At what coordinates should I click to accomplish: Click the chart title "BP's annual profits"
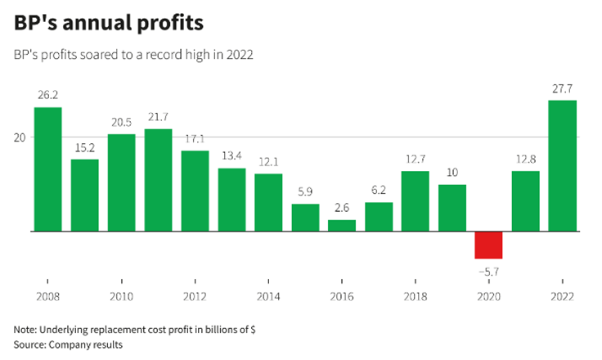click(x=108, y=24)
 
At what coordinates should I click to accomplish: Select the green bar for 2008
click(x=47, y=169)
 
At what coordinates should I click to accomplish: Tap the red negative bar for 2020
click(x=488, y=245)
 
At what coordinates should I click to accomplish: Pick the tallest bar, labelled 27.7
click(x=562, y=166)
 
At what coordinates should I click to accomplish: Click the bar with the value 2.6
click(x=342, y=226)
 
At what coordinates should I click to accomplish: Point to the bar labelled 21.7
click(x=158, y=180)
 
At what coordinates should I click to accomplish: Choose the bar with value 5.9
click(x=305, y=218)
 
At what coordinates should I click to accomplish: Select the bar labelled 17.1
click(x=195, y=191)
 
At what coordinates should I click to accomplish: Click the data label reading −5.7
click(x=488, y=269)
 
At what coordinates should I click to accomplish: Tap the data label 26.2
click(x=47, y=95)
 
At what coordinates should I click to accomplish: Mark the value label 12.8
click(x=525, y=158)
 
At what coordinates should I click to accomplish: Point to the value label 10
click(x=451, y=172)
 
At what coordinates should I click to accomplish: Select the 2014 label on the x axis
click(x=268, y=296)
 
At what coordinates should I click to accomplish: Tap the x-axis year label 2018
click(x=415, y=296)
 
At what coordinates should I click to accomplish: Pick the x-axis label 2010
click(x=121, y=296)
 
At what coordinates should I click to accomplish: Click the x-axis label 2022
click(x=562, y=296)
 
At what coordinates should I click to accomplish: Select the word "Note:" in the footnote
click(x=29, y=329)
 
